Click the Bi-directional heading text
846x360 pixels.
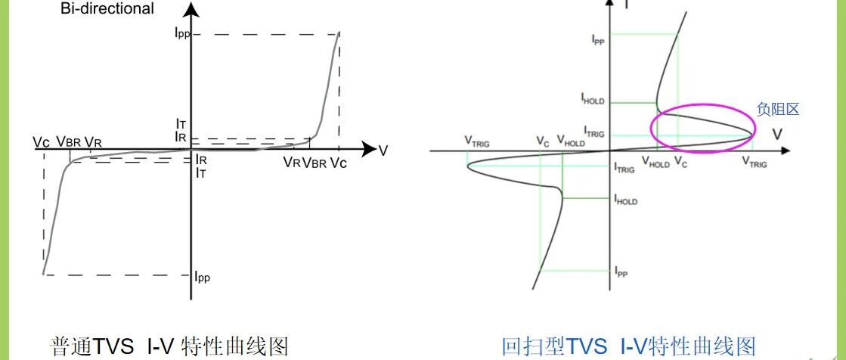point(107,10)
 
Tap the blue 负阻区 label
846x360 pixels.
point(778,110)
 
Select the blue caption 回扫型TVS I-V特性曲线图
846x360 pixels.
point(630,346)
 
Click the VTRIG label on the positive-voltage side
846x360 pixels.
point(754,162)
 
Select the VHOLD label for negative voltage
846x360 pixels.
point(570,141)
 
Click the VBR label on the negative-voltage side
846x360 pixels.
point(69,141)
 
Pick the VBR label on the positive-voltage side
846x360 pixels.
point(315,162)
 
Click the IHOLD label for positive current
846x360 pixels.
point(593,98)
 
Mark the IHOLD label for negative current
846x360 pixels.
point(626,200)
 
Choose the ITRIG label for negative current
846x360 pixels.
point(625,169)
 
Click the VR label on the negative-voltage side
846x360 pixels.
point(93,141)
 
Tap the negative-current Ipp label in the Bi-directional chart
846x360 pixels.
point(202,277)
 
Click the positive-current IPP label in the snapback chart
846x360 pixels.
point(598,40)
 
